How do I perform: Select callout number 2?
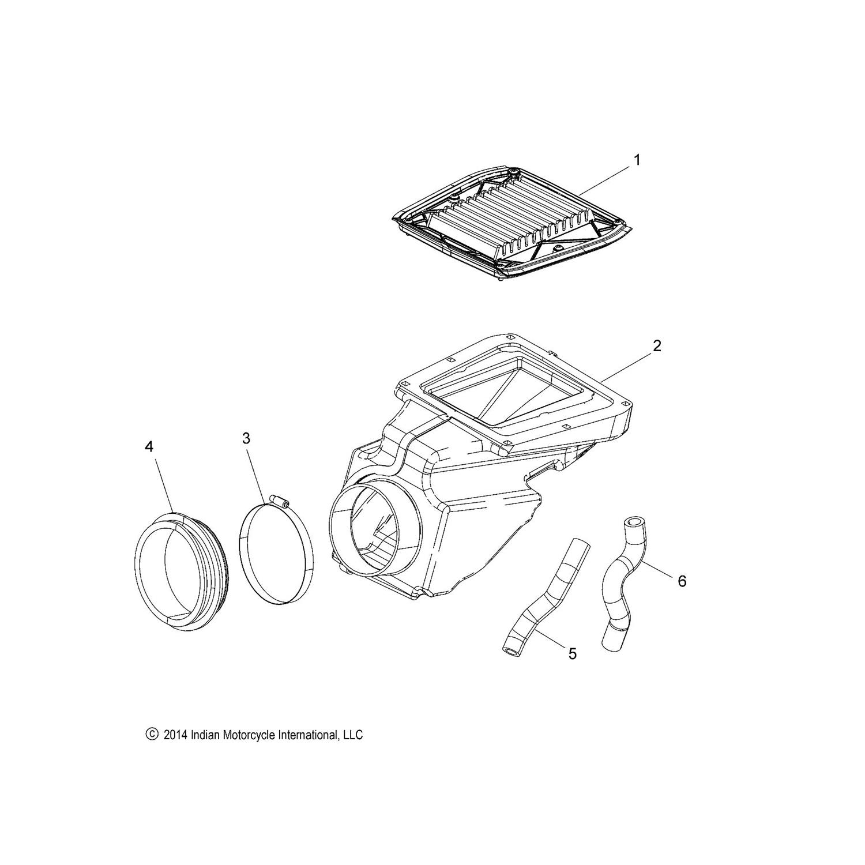coord(657,345)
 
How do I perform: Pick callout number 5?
coord(572,653)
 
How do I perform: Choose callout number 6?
coord(682,581)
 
